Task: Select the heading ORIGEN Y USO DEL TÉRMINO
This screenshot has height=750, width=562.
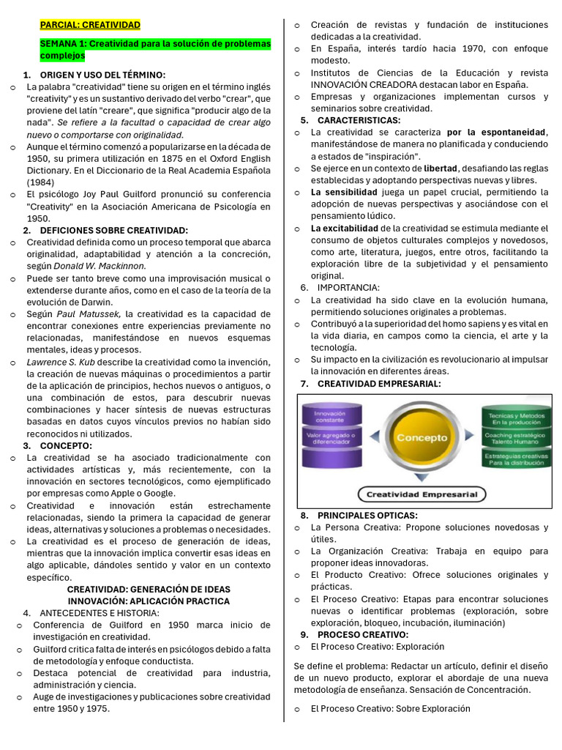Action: coord(102,75)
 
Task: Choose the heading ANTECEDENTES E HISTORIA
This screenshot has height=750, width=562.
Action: coord(99,613)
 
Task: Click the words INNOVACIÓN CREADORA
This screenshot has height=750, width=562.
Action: coord(358,85)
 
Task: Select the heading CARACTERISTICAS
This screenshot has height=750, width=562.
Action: coord(359,120)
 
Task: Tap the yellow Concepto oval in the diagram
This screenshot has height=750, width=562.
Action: coord(421,438)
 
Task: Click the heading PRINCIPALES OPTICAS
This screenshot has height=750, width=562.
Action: coord(367,516)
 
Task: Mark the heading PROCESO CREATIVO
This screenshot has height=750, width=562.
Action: coord(363,634)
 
